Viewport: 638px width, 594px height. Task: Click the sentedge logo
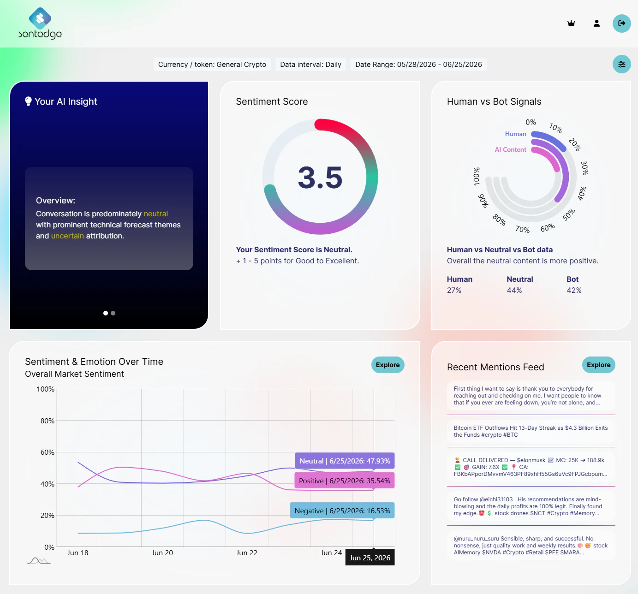(40, 23)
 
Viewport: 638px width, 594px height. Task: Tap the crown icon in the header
(571, 23)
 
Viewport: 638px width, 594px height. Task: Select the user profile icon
(596, 23)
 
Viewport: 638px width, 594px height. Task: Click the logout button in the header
(621, 23)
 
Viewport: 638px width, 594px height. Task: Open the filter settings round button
(621, 64)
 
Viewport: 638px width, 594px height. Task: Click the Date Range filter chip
(418, 64)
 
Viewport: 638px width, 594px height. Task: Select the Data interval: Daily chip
(310, 64)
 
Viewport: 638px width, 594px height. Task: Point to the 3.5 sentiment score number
(320, 178)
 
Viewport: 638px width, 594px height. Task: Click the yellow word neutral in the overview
(155, 214)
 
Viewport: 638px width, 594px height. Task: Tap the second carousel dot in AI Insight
(113, 313)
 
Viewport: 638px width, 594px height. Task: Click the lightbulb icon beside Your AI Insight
(28, 101)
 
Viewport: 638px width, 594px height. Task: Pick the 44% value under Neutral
(514, 290)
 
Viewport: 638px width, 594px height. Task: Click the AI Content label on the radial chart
(511, 149)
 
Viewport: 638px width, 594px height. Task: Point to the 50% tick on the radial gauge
(569, 214)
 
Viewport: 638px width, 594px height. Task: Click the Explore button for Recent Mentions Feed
(598, 365)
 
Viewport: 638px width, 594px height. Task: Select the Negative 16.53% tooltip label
(342, 511)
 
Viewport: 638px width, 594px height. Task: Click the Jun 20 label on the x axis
(162, 552)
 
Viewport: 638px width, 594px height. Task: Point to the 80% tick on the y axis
(47, 421)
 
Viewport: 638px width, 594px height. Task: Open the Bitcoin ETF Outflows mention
(531, 431)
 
